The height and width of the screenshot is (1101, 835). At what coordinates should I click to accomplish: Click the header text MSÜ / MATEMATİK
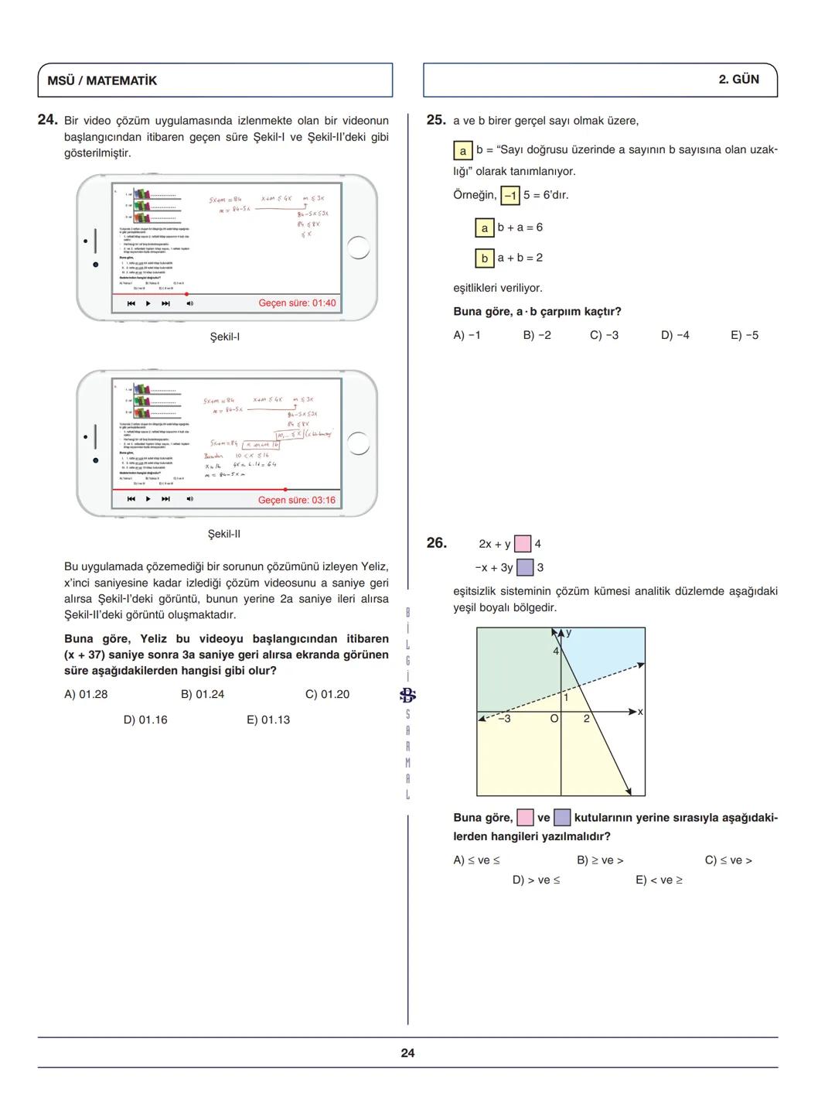click(102, 80)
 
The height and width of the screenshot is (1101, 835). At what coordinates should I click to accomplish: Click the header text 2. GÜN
click(738, 80)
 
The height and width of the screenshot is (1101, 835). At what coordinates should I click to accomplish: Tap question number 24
click(48, 120)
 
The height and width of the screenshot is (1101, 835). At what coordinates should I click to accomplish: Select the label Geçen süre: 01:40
click(297, 303)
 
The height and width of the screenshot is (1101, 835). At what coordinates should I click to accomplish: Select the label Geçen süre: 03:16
click(297, 501)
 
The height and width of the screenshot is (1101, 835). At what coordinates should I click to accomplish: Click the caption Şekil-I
click(225, 337)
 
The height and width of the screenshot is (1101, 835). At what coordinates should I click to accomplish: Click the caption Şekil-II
click(224, 535)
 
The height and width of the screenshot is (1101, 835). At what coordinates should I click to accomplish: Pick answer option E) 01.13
click(268, 720)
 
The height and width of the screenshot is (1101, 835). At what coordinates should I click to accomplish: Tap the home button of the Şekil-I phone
click(359, 248)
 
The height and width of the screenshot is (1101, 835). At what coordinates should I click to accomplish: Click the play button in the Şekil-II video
click(148, 499)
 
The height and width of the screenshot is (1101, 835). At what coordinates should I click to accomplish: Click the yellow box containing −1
click(510, 196)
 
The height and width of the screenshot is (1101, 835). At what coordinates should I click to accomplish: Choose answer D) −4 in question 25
click(675, 336)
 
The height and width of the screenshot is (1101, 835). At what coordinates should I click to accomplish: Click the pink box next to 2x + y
click(523, 544)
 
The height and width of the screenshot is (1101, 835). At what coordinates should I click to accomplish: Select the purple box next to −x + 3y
click(525, 568)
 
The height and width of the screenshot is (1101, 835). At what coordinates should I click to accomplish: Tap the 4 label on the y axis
click(555, 651)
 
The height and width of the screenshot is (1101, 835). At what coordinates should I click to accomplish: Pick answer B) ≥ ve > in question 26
click(600, 860)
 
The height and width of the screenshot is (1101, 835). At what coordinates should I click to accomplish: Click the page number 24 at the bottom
click(407, 1053)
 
